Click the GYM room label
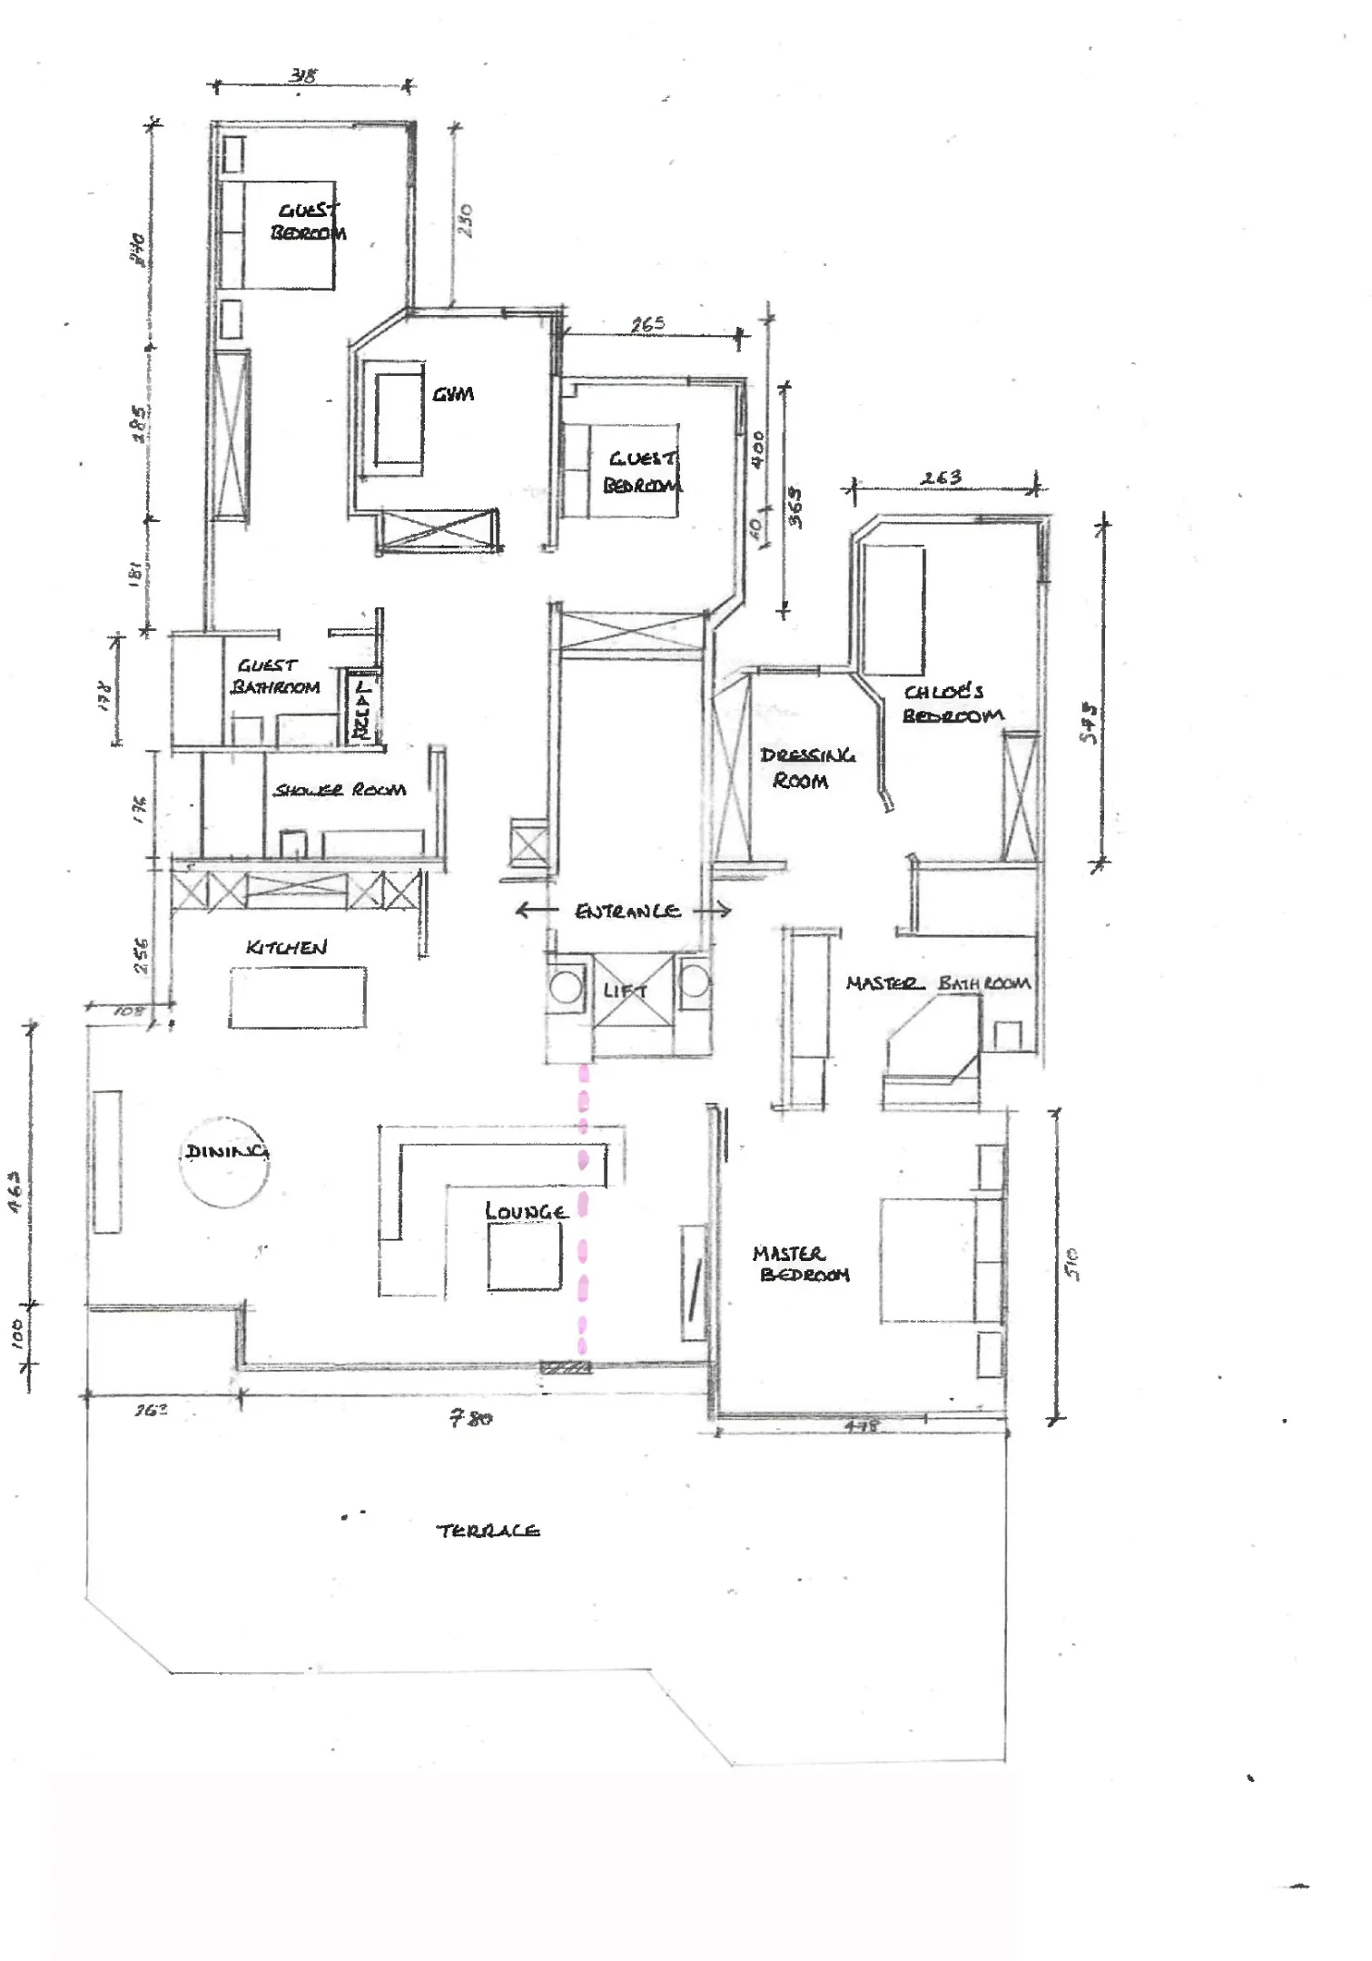point(452,394)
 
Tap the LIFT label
point(625,990)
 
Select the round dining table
point(224,1163)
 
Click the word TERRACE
point(488,1531)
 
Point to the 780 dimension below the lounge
point(471,1417)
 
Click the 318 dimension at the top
point(303,75)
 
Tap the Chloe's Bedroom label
point(950,704)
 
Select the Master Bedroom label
point(801,1264)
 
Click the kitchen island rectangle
point(297,997)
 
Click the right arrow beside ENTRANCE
point(715,910)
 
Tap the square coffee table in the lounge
point(524,1256)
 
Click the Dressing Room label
point(804,767)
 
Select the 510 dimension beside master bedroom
point(1072,1263)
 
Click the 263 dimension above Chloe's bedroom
point(941,478)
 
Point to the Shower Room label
point(340,790)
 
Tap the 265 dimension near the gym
point(647,324)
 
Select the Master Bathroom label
point(937,983)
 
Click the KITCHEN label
point(286,947)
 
